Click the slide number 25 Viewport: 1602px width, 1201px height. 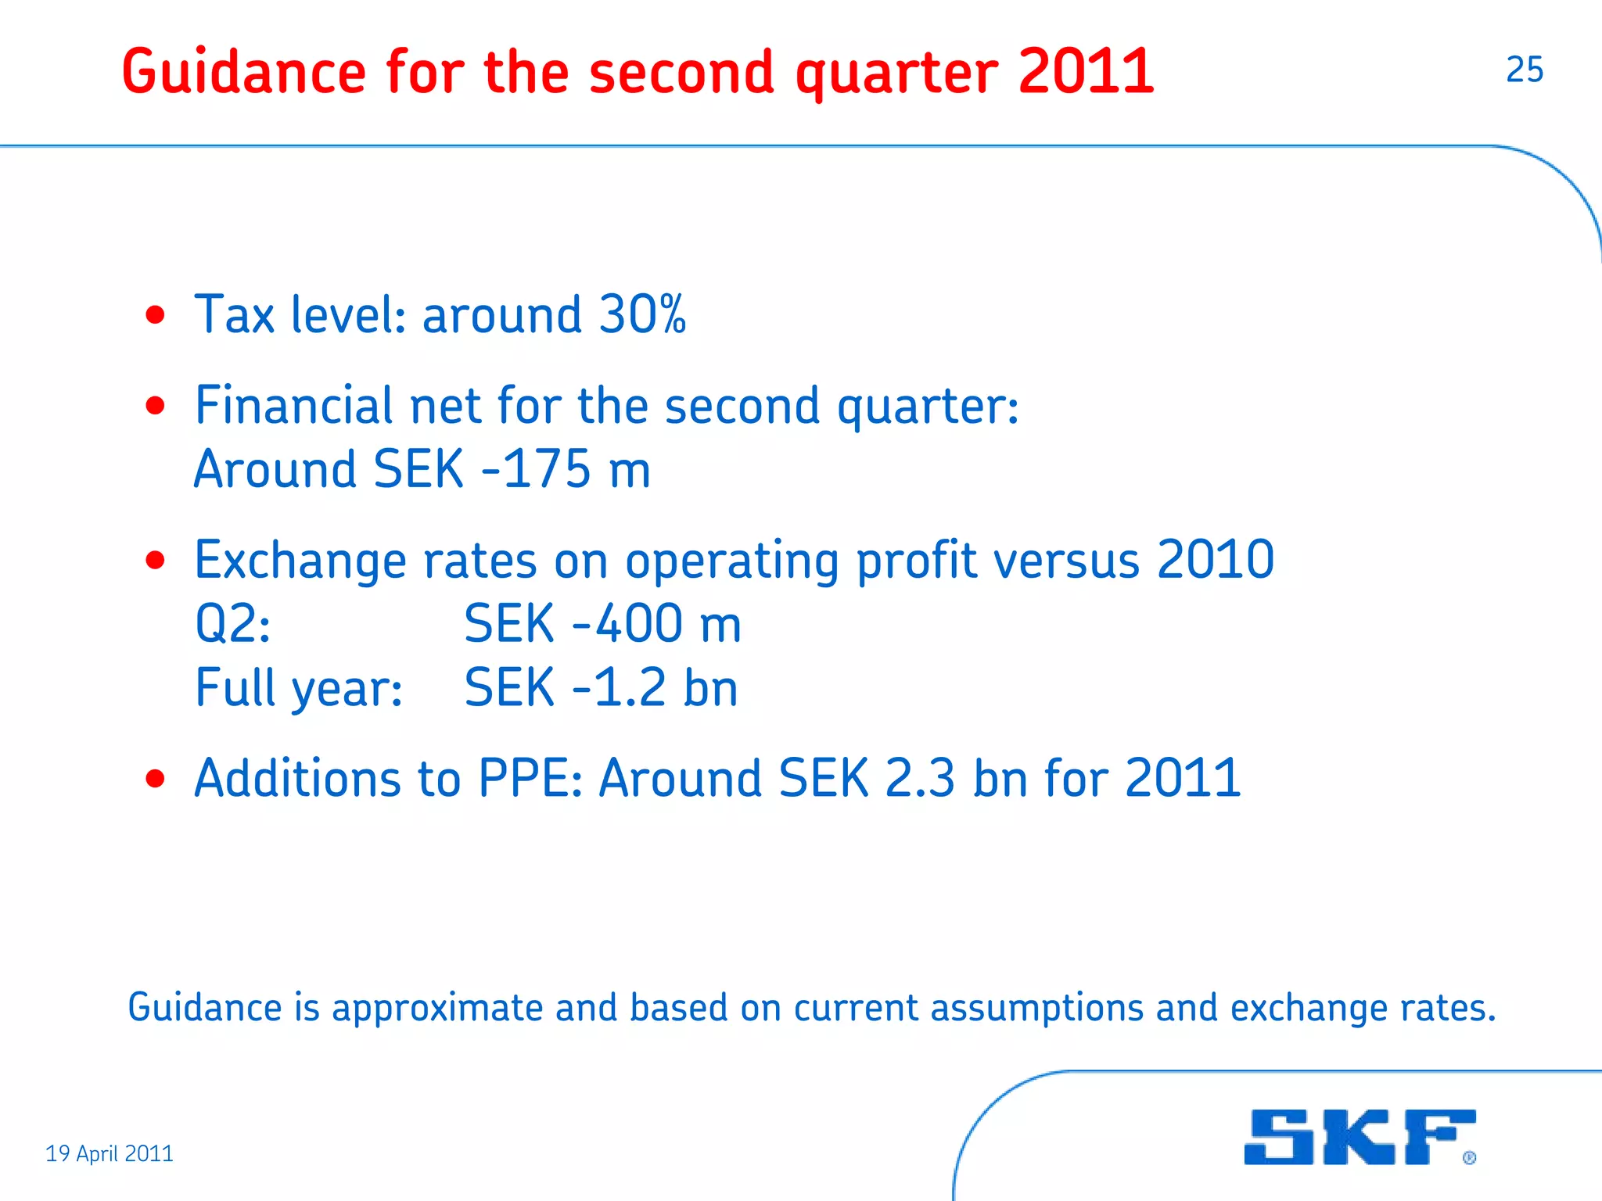[1524, 70]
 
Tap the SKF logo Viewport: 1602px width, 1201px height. [1359, 1137]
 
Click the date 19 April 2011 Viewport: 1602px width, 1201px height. [110, 1153]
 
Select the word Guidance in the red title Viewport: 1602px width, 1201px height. [243, 72]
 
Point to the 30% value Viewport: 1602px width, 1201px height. [642, 314]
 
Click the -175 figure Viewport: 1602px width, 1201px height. [537, 469]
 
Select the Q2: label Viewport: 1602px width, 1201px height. [232, 624]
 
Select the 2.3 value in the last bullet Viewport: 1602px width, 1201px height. [920, 779]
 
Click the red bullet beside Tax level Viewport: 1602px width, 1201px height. [156, 315]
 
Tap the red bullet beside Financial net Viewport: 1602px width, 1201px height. [156, 406]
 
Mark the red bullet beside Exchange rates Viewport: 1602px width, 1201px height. [156, 561]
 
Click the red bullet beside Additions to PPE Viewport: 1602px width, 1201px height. [156, 779]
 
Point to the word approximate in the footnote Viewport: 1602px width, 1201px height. [437, 1008]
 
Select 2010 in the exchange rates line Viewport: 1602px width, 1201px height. [1216, 560]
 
